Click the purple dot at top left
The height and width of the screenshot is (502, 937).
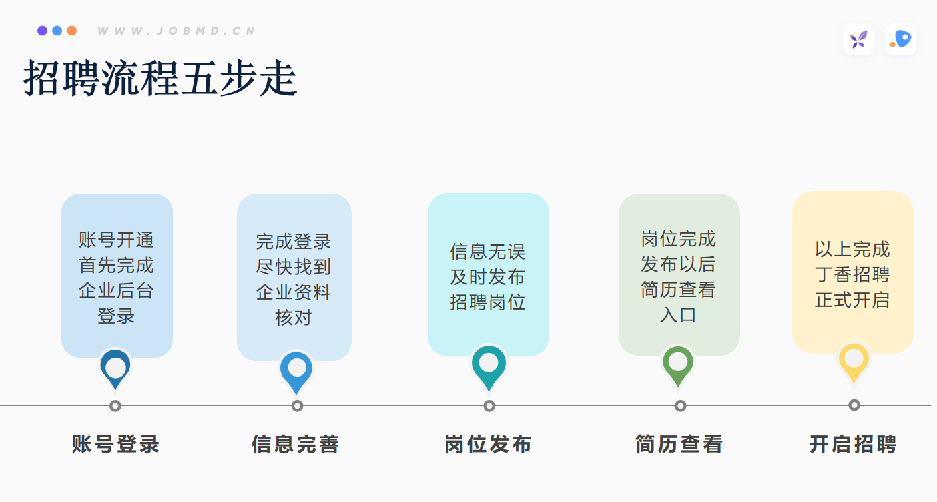pos(42,31)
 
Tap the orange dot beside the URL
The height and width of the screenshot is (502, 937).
pos(72,31)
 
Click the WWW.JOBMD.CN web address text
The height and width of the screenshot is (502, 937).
pos(176,31)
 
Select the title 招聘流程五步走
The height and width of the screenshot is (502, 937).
pos(160,78)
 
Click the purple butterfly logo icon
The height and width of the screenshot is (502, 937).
pos(858,40)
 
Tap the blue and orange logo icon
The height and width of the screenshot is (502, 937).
pos(900,40)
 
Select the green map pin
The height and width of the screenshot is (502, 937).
pos(678,366)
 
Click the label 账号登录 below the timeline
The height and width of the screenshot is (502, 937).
pos(115,444)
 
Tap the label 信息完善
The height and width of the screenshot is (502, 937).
pos(296,444)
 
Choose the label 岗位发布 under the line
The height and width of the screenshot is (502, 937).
pos(488,444)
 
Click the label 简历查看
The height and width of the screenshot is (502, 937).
pos(679,444)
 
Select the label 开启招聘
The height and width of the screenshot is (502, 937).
pos(853,444)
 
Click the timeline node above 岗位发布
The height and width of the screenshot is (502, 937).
pos(489,406)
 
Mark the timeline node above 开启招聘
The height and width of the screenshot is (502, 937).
pos(854,405)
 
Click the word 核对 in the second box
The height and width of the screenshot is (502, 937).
pos(294,318)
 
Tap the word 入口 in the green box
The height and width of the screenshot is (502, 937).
pos(679,315)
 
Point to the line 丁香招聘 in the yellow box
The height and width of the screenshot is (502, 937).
pos(852,274)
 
